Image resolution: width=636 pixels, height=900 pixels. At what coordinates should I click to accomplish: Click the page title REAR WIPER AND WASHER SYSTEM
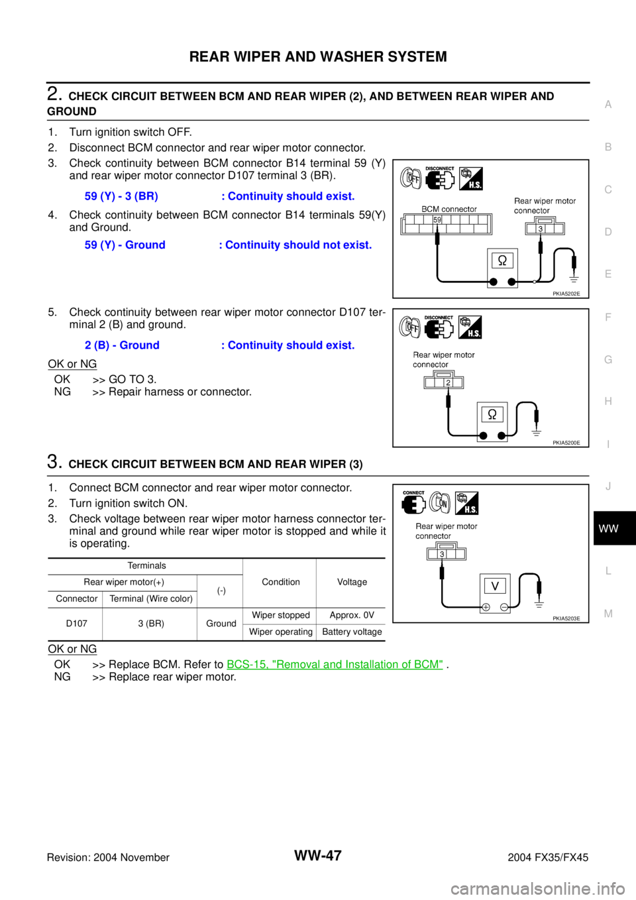coord(318,56)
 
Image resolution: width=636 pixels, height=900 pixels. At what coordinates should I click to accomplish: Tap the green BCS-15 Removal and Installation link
coord(335,665)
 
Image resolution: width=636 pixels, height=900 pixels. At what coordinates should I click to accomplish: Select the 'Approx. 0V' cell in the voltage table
coord(352,615)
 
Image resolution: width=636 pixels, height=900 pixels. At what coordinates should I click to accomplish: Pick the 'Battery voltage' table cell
coord(352,632)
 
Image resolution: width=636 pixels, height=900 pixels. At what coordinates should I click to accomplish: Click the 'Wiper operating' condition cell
coord(281,632)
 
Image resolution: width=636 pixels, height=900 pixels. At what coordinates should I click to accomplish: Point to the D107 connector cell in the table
coord(77,624)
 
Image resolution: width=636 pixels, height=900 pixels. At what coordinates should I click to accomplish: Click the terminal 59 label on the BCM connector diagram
coord(437,220)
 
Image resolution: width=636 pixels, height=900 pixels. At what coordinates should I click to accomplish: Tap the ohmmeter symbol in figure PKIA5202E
coord(502,260)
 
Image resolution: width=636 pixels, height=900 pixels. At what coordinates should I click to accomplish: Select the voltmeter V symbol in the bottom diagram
coord(495,587)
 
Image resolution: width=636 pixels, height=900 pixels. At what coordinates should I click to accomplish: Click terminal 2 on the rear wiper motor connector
coord(448,382)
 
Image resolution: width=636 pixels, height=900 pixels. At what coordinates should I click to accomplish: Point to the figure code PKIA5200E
coord(566,443)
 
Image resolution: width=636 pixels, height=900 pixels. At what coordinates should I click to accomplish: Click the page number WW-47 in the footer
coord(318,856)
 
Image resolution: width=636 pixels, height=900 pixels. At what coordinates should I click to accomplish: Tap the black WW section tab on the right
coord(614,528)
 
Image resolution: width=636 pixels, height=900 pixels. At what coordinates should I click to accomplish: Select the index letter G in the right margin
coord(608,360)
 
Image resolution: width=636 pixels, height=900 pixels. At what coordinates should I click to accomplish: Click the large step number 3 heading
coord(54,462)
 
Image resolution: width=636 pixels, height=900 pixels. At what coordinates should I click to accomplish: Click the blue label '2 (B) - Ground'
coord(122,345)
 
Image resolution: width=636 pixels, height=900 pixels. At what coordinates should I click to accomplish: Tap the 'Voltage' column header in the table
coord(352,582)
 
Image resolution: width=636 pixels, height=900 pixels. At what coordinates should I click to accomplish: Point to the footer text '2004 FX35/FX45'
coord(548,858)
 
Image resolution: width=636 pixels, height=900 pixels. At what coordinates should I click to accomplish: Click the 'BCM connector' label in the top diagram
coord(449,209)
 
